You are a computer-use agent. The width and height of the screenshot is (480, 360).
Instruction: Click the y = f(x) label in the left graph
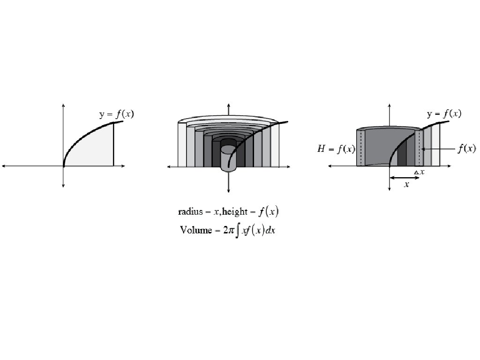117,114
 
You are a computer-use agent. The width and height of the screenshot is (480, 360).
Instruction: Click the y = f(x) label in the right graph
444,113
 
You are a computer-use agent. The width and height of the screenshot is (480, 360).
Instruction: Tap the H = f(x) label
336,149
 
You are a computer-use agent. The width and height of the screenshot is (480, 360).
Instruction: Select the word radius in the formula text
190,211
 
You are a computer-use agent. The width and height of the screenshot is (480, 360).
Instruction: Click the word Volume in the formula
196,230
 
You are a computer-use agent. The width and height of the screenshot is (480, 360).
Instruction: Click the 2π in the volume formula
229,230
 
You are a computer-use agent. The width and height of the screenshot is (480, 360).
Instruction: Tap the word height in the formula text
234,211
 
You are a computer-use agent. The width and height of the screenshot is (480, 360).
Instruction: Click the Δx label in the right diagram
420,172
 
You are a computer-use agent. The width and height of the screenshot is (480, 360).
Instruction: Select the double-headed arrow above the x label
405,178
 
